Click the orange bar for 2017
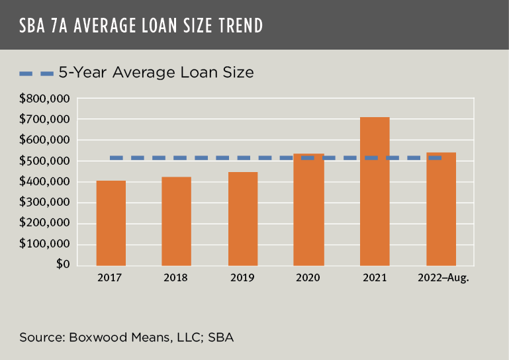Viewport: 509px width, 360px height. tap(111, 223)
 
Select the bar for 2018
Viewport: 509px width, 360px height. tap(177, 221)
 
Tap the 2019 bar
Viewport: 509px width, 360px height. tap(243, 218)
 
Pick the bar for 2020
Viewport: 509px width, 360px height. tap(309, 210)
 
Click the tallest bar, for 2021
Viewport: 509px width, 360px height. tap(375, 191)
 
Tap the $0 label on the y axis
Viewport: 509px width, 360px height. tap(64, 265)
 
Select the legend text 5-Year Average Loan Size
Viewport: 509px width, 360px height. tap(156, 72)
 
